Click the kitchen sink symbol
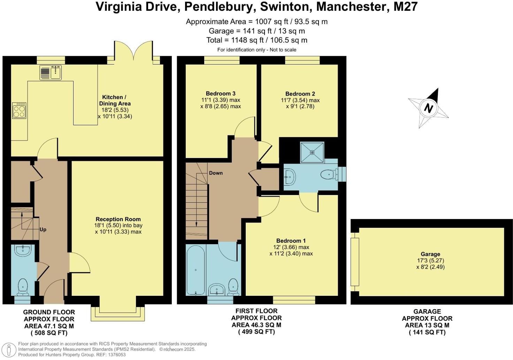point(51,73)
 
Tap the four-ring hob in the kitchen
point(19,111)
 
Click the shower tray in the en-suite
point(312,152)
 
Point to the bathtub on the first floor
point(196,270)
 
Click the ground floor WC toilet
point(23,287)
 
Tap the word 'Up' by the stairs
point(43,230)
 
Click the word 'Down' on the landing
point(216,173)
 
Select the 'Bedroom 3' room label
point(221,93)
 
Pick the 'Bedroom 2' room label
point(300,94)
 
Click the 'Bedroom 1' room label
point(291,241)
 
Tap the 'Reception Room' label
point(118,219)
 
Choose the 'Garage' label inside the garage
point(430,254)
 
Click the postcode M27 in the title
point(405,7)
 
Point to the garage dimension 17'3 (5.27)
point(430,261)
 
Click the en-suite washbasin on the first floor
point(290,177)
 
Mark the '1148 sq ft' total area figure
point(247,40)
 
